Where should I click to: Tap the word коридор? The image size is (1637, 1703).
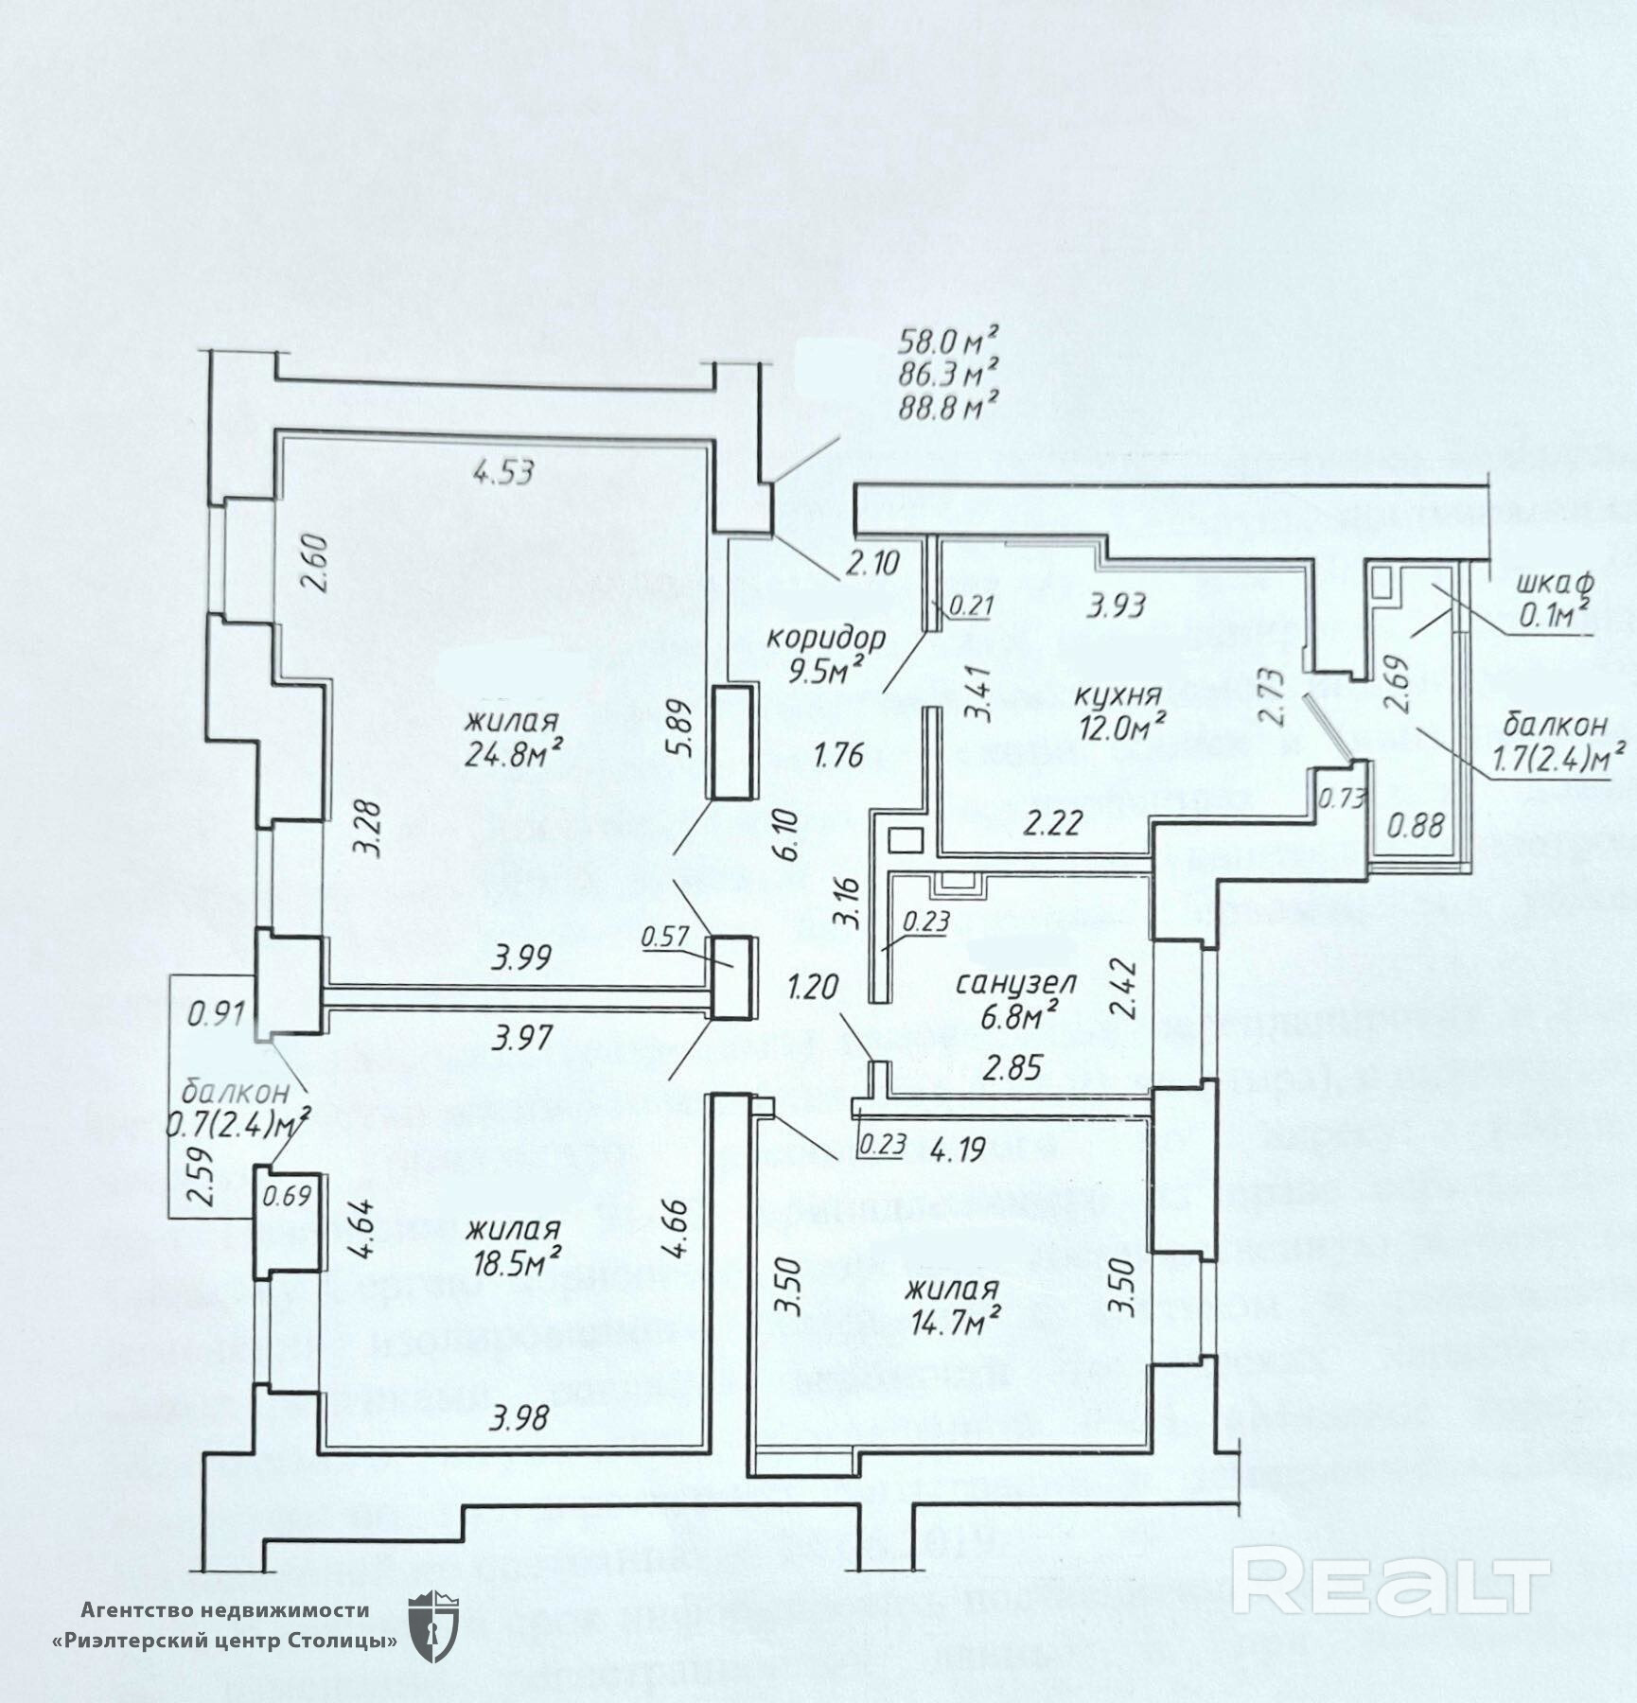pos(825,637)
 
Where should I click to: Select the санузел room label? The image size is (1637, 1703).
pos(1003,984)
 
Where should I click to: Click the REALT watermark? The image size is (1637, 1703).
pos(1391,1579)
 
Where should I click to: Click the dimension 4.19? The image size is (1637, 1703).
pos(958,1149)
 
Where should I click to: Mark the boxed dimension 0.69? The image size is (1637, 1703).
pos(287,1196)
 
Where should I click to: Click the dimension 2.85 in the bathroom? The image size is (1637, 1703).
pos(1012,1067)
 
